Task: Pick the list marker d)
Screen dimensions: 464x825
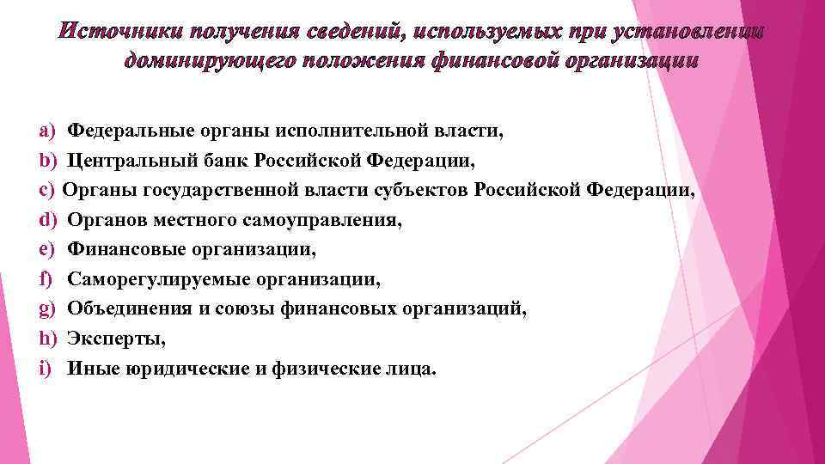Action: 46,220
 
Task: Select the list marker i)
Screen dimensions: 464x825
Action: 45,369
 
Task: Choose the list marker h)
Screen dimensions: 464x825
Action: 46,339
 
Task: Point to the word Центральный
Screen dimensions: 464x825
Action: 126,161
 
